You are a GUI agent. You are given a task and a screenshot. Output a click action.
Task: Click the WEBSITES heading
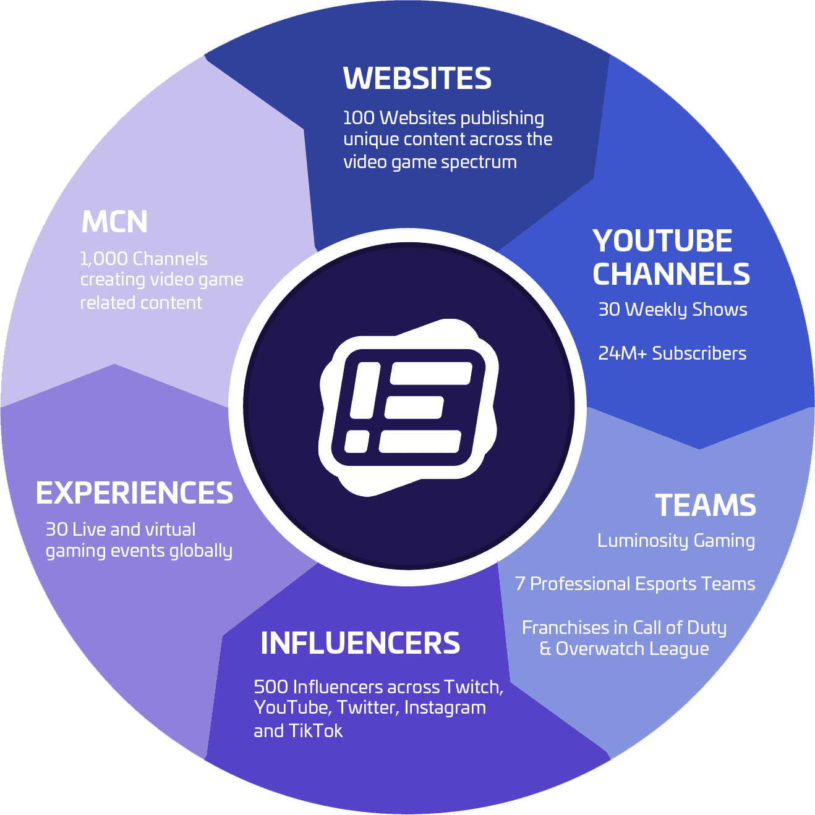(417, 78)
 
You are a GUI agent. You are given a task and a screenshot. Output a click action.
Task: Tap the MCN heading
(114, 221)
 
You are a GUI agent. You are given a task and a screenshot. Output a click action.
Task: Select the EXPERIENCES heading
(135, 492)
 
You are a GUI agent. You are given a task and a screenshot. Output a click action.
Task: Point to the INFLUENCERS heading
(361, 643)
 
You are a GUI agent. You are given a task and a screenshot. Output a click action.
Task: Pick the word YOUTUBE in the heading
(663, 240)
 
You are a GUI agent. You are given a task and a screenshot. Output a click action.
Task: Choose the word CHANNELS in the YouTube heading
(672, 274)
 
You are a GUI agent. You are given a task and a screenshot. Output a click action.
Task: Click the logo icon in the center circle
(408, 407)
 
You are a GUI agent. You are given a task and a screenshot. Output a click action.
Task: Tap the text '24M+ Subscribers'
(672, 353)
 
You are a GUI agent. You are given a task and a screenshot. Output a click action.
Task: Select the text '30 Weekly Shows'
(673, 310)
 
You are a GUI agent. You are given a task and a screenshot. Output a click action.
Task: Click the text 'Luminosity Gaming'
(676, 541)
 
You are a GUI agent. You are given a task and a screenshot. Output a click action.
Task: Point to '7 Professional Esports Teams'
(635, 584)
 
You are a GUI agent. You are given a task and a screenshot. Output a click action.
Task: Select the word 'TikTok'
(315, 731)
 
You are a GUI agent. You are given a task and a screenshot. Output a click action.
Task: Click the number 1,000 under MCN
(104, 259)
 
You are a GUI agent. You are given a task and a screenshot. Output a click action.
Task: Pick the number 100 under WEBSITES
(359, 118)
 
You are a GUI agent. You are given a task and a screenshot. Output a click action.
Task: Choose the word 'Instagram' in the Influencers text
(445, 708)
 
